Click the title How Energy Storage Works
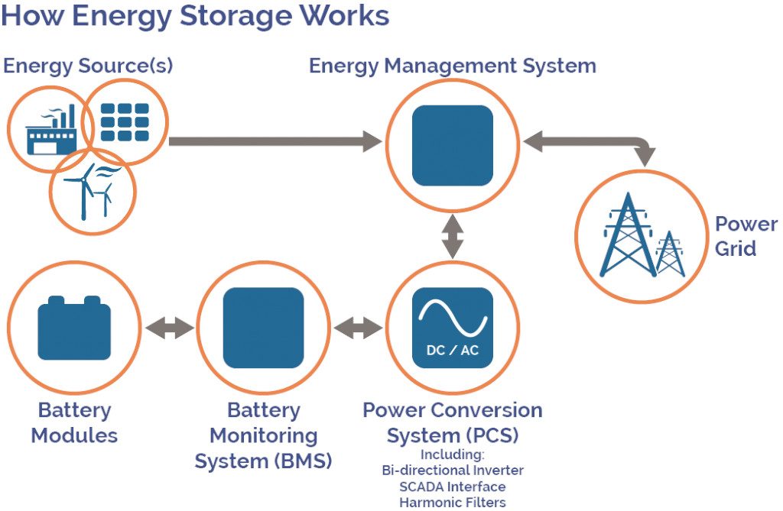pyautogui.click(x=195, y=17)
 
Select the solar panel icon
pyautogui.click(x=125, y=122)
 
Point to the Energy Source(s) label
pyautogui.click(x=88, y=66)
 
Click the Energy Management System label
pyautogui.click(x=452, y=66)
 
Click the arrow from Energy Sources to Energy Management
pyautogui.click(x=275, y=141)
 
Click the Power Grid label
pyautogui.click(x=746, y=236)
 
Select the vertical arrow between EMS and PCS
pyautogui.click(x=453, y=237)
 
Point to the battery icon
pyautogui.click(x=74, y=327)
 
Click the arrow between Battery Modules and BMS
pyautogui.click(x=170, y=328)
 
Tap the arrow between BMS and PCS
pyautogui.click(x=359, y=328)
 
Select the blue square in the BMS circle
pyautogui.click(x=263, y=328)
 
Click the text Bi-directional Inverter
pyautogui.click(x=453, y=470)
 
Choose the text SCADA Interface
pyautogui.click(x=453, y=486)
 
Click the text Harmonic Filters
pyautogui.click(x=453, y=502)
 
